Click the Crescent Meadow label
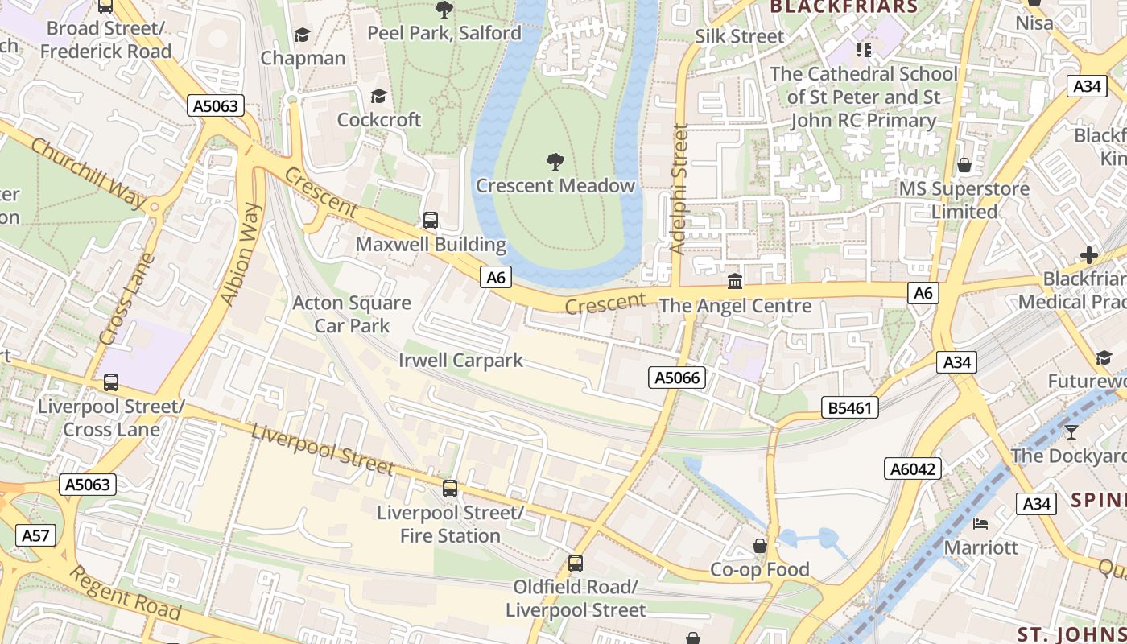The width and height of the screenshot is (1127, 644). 555,186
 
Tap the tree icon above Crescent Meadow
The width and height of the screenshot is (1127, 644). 555,162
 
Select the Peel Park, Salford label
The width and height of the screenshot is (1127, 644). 444,33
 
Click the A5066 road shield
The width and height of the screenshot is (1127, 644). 677,378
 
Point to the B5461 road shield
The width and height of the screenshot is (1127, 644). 849,408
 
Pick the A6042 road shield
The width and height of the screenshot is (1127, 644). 913,469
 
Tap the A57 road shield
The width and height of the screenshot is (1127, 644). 35,535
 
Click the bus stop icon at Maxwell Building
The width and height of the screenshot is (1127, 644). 431,221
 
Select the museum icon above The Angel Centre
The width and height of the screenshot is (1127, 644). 735,282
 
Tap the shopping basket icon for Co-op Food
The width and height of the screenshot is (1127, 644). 759,547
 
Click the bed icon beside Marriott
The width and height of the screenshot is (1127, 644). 980,524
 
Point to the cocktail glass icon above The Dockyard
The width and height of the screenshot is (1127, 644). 1071,432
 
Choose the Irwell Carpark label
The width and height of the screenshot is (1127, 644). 460,360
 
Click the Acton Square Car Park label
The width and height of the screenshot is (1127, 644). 352,315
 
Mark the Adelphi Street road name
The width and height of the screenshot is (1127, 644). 679,189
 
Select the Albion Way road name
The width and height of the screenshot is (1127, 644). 241,254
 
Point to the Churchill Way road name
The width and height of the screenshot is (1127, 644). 88,173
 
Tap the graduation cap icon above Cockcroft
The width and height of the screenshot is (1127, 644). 378,97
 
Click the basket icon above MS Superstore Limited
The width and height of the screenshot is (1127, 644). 964,166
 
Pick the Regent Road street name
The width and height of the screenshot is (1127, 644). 125,593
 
